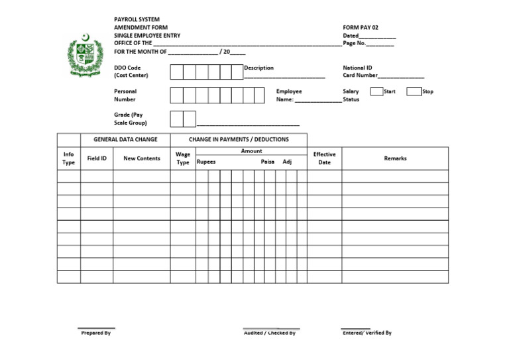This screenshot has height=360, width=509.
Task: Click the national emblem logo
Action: (x=85, y=56)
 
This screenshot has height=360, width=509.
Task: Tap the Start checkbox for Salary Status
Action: (x=376, y=91)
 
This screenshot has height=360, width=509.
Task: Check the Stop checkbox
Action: (x=414, y=91)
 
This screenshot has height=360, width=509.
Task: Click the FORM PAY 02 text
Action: (x=361, y=28)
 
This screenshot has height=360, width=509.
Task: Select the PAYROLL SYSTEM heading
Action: (x=137, y=20)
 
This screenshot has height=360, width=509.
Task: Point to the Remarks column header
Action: (x=395, y=158)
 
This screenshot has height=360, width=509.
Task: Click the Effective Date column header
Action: (x=324, y=158)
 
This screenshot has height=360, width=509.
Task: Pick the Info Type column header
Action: (x=69, y=158)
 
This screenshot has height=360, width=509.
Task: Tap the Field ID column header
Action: (x=97, y=158)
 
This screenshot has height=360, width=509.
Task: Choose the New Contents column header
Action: (x=141, y=158)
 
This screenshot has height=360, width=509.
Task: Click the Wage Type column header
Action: (x=183, y=158)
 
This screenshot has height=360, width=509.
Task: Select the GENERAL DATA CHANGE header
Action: (x=125, y=140)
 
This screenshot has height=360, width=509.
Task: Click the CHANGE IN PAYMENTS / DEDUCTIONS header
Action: (x=239, y=140)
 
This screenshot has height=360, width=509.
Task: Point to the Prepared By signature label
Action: (x=96, y=333)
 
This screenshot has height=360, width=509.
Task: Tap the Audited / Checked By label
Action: (x=270, y=333)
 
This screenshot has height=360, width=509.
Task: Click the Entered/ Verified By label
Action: (x=367, y=333)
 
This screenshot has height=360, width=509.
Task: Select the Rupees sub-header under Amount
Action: (x=206, y=162)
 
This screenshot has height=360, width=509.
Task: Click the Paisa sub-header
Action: (x=267, y=162)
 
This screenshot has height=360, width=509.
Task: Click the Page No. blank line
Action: (x=380, y=45)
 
